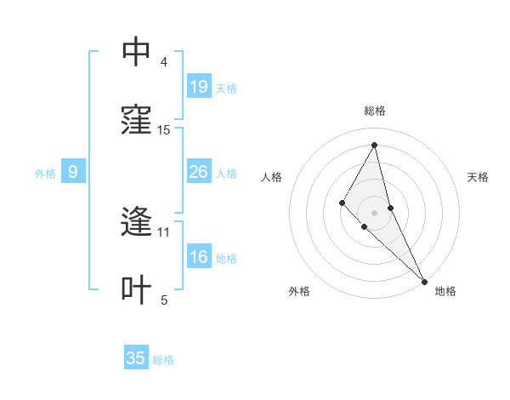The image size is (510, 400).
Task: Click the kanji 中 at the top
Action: tap(136, 52)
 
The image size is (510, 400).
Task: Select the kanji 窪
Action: tap(136, 120)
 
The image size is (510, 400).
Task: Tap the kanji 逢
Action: tap(136, 222)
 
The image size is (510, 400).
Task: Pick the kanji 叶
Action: tap(136, 290)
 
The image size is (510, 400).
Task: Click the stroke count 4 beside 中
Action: tap(164, 62)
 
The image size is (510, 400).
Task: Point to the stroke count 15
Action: tap(164, 130)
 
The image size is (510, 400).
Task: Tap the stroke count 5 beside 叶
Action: tap(164, 300)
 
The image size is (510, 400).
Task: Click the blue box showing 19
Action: tap(199, 87)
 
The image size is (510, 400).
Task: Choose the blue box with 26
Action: tap(199, 172)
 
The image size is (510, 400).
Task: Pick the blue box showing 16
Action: tap(199, 257)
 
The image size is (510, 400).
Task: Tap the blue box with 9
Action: tap(73, 172)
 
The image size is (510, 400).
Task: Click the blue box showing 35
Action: tap(136, 358)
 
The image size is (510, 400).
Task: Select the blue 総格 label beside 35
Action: tap(163, 360)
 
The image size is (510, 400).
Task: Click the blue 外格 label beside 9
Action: tap(45, 174)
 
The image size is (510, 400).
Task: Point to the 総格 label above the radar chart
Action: tap(374, 111)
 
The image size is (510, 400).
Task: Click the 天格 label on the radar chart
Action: tap(478, 177)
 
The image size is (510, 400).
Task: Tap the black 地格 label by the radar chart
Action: tap(445, 292)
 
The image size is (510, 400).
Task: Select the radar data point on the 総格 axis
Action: tap(374, 145)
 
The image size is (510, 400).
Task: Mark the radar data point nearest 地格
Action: tap(424, 281)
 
